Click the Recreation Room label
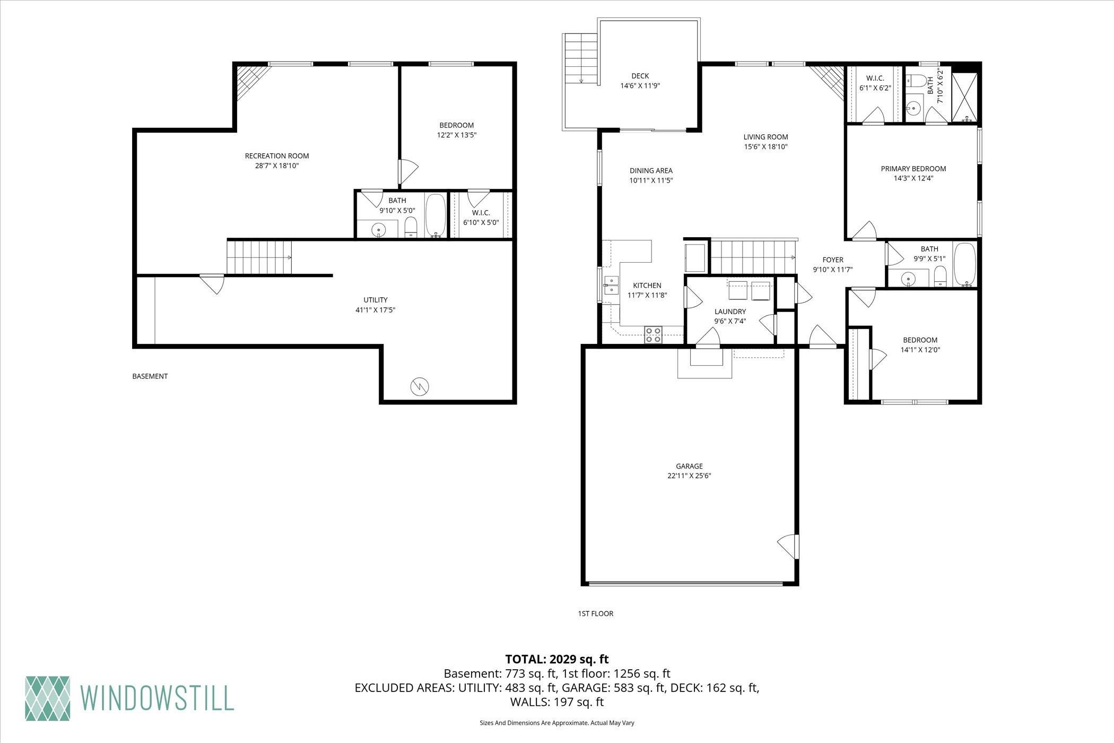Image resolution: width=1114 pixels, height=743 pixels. [x=276, y=156]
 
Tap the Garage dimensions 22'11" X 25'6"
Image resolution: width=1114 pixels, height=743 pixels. [x=689, y=476]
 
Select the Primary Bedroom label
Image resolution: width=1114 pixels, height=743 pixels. [x=913, y=169]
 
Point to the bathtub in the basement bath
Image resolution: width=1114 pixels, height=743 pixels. [x=436, y=215]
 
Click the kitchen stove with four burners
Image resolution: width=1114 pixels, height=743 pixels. [x=653, y=335]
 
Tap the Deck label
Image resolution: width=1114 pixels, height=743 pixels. [x=640, y=76]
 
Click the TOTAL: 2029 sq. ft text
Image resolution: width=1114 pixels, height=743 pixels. [x=557, y=660]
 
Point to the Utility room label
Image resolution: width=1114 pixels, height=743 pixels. [x=375, y=300]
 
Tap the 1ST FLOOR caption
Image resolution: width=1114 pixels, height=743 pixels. [x=595, y=614]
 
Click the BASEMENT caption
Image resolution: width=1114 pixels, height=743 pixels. [x=150, y=376]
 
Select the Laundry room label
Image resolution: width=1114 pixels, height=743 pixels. [x=730, y=312]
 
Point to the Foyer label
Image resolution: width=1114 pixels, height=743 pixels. [x=832, y=260]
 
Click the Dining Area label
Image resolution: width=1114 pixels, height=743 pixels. [x=651, y=171]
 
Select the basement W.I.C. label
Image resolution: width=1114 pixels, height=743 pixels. [x=481, y=213]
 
